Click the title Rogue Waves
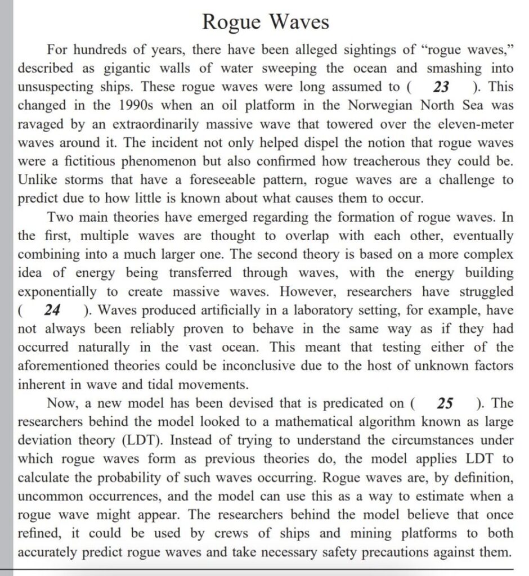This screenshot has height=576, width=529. click(264, 22)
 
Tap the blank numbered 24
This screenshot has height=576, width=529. click(53, 310)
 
